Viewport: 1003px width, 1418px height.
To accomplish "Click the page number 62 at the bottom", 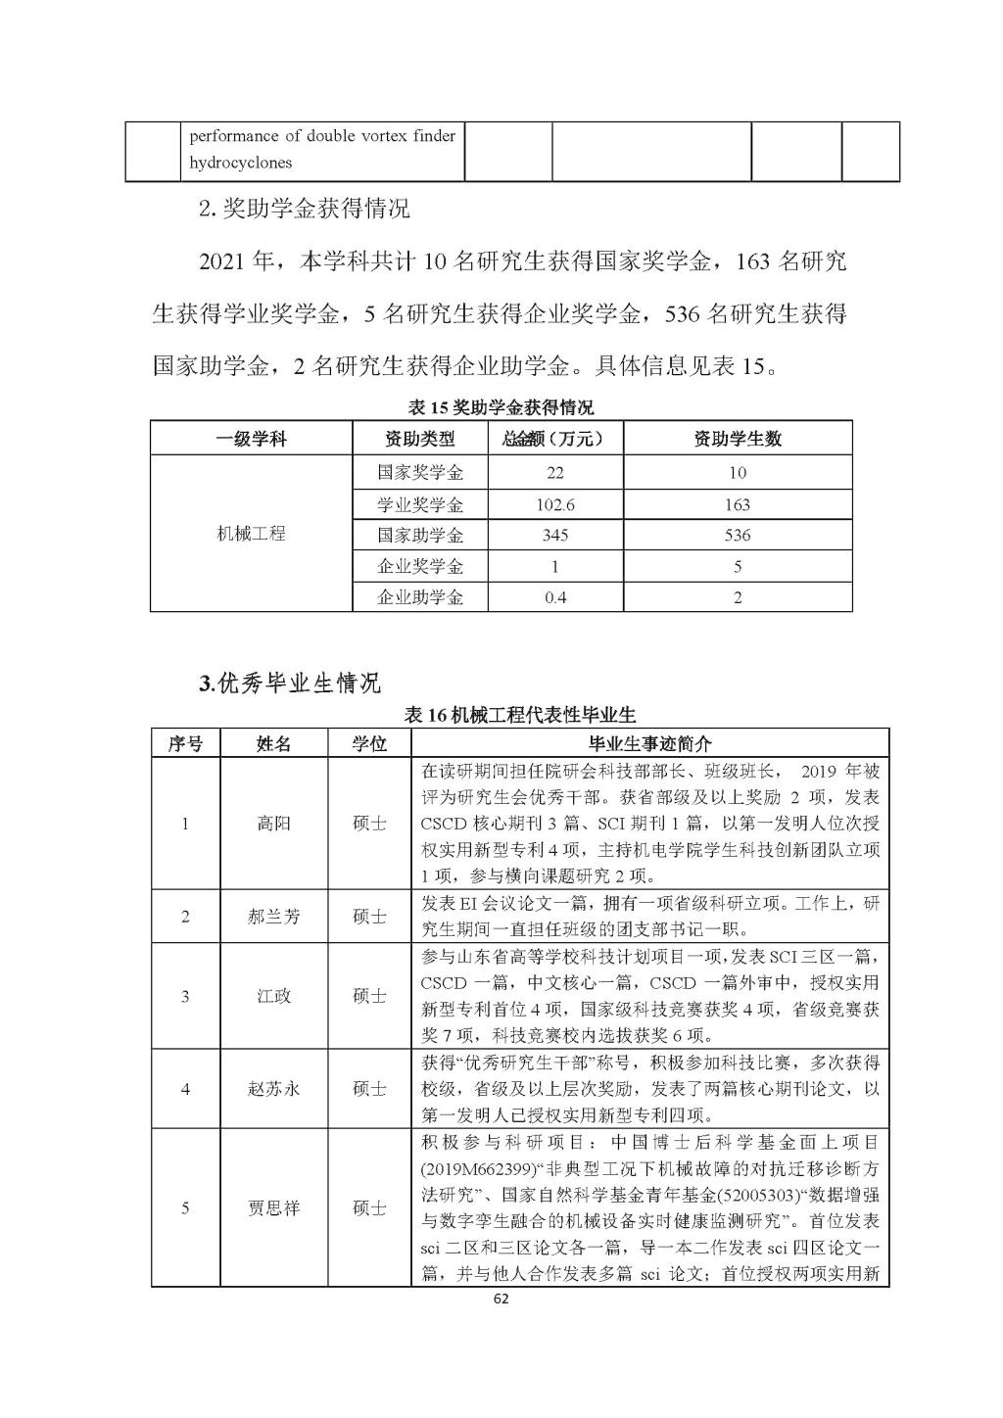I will [x=501, y=1300].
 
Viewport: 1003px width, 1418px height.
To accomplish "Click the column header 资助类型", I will [x=419, y=438].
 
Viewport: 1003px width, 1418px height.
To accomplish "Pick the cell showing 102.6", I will [x=555, y=504].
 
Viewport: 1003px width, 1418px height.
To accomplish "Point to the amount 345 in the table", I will [x=555, y=535].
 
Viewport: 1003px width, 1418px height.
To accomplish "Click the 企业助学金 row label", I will [x=419, y=596].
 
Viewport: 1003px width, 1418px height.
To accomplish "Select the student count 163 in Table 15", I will [x=737, y=504].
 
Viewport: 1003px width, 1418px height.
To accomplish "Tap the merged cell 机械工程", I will [x=251, y=534].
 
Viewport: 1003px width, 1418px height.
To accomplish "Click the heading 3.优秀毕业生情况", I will [x=290, y=683].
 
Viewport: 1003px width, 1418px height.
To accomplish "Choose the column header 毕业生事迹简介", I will [x=649, y=743].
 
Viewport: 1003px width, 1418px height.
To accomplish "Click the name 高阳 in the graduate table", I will [x=274, y=824].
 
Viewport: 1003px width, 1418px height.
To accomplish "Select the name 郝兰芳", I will [x=274, y=917].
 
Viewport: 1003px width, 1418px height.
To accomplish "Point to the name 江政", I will [x=274, y=997].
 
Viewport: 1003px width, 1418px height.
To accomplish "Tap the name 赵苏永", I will [x=274, y=1089].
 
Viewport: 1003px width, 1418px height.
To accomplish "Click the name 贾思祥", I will [x=274, y=1207].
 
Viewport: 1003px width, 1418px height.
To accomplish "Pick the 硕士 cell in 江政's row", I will [x=369, y=997].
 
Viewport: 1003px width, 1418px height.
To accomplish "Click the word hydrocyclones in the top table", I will [x=241, y=163].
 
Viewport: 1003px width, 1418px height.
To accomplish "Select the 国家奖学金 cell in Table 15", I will [x=419, y=472].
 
